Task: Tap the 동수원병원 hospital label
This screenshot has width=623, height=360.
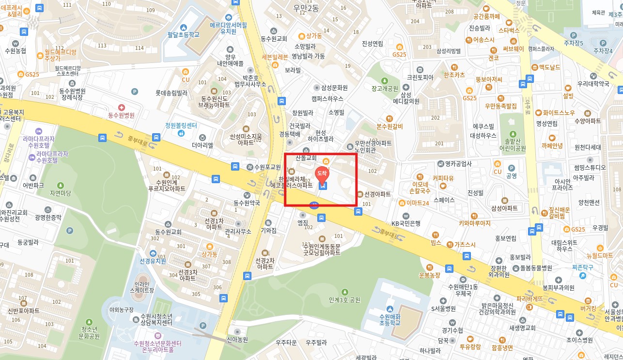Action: tap(121, 115)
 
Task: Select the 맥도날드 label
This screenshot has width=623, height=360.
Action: tap(549, 67)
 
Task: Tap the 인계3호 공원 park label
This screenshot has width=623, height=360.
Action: tap(344, 299)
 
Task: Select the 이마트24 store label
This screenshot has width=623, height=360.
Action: tap(418, 203)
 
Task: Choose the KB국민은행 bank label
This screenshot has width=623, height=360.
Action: tap(406, 223)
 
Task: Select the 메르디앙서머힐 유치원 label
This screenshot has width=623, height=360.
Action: tap(228, 28)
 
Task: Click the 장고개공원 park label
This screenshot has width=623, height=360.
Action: tap(384, 88)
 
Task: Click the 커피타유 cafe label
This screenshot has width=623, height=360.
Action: tap(443, 178)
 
